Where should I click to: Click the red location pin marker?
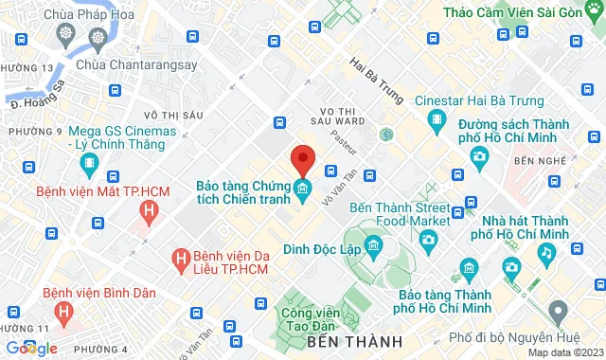[x=302, y=159]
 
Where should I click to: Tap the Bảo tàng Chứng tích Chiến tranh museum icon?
[x=302, y=190]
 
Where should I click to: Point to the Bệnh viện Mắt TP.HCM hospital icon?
[x=147, y=212]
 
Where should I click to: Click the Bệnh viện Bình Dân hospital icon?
[x=63, y=310]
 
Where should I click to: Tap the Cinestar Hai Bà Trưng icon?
[x=436, y=119]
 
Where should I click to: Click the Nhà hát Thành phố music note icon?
[x=546, y=253]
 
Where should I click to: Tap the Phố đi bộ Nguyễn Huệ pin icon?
[x=558, y=310]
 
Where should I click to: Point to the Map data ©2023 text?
[x=564, y=352]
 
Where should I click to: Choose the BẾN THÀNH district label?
[x=355, y=340]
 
